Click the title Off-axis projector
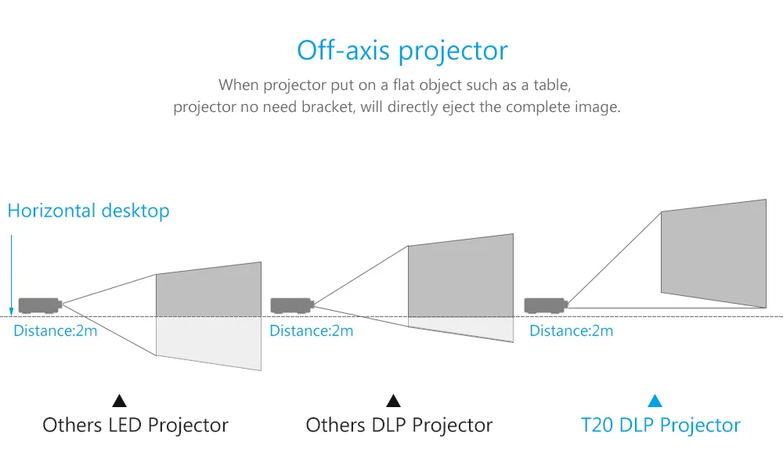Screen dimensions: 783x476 click(x=402, y=50)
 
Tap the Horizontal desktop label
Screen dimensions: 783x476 click(x=88, y=211)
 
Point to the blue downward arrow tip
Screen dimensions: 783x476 click(x=12, y=313)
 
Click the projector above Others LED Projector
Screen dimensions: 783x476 click(x=40, y=305)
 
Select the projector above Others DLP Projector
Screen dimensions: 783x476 click(x=292, y=305)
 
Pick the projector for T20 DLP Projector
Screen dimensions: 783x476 click(x=546, y=305)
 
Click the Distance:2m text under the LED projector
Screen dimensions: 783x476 click(x=56, y=330)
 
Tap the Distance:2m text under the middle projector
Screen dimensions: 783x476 click(x=311, y=330)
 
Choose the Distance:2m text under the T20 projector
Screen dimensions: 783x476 click(x=572, y=330)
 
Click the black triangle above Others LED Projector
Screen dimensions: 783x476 click(x=119, y=401)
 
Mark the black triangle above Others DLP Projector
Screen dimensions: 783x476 click(x=394, y=401)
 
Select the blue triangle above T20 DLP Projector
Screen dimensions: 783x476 click(x=655, y=401)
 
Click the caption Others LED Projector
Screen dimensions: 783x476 click(x=135, y=425)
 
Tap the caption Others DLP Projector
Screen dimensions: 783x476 click(x=399, y=425)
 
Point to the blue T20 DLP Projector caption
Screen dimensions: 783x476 click(x=660, y=425)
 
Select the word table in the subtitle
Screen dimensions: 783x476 click(x=552, y=85)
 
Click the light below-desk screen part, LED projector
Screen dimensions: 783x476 click(x=209, y=342)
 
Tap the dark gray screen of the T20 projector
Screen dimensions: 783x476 click(x=713, y=253)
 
